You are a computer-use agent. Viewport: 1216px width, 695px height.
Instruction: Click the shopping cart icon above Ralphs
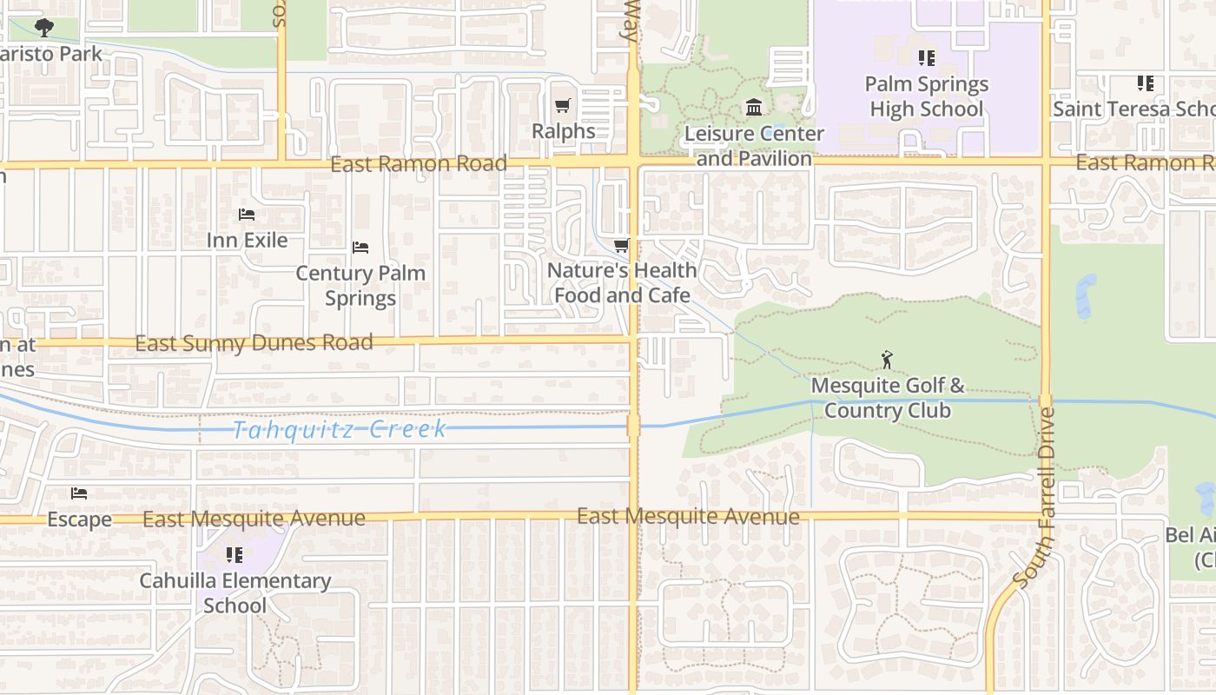pos(563,106)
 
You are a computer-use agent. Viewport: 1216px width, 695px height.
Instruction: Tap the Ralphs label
pos(564,131)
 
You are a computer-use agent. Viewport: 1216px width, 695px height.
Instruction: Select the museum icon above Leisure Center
pos(754,108)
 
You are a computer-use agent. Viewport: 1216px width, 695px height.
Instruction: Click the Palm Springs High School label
pos(926,96)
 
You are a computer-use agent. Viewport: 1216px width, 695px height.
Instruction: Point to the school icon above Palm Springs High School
pos(927,58)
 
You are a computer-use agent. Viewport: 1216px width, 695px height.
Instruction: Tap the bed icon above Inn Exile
pos(247,215)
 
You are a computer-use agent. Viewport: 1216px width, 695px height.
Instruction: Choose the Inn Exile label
pos(247,240)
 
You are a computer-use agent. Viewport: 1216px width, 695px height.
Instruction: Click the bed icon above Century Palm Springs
pos(360,248)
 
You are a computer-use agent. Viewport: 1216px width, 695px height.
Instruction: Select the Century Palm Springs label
pos(360,286)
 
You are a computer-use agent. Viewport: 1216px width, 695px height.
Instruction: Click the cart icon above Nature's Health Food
pos(621,246)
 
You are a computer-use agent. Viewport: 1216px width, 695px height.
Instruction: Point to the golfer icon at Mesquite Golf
pos(887,359)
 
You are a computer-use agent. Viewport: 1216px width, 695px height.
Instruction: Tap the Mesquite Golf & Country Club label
pos(887,398)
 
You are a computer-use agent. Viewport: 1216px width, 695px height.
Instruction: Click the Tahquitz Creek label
pos(340,429)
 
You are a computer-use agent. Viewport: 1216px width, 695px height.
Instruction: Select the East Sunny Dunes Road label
pos(254,343)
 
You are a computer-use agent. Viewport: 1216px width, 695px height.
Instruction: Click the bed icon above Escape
pos(79,494)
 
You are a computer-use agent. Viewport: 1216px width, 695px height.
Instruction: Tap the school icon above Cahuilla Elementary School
pos(235,554)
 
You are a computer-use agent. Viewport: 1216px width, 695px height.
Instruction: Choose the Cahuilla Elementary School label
pos(235,592)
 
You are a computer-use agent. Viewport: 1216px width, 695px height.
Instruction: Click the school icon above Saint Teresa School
pos(1146,83)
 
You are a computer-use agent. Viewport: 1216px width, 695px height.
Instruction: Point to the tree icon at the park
pos(44,29)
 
